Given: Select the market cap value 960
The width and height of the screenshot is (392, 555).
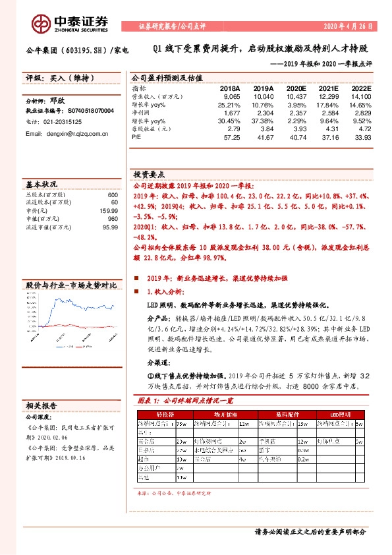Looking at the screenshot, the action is point(112,219).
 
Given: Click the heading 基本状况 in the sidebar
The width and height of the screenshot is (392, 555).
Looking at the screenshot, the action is point(42,185).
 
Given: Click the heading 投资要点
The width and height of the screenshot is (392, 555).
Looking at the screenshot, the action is point(148,175).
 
